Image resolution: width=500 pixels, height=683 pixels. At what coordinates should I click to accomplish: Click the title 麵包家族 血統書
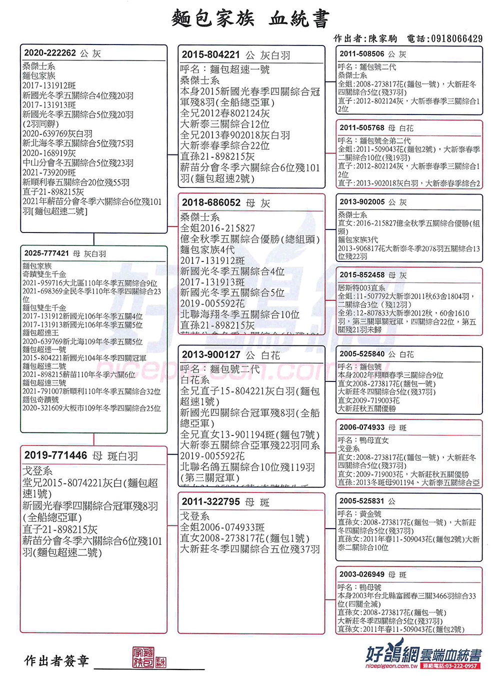[x=250, y=18]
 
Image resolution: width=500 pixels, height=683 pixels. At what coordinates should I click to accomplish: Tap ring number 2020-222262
[x=50, y=53]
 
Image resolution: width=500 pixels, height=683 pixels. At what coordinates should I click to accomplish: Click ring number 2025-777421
[x=46, y=253]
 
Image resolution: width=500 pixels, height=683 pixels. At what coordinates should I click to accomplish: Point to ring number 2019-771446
[x=55, y=455]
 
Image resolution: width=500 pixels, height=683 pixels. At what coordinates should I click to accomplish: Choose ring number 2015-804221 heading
[x=210, y=55]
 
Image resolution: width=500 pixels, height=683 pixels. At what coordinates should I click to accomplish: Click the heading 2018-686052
[x=211, y=202]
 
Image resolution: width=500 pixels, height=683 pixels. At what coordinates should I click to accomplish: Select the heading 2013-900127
[x=211, y=354]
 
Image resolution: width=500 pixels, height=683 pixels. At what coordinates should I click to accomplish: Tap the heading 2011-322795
[x=210, y=501]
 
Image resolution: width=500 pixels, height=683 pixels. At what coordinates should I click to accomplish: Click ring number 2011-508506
[x=362, y=54]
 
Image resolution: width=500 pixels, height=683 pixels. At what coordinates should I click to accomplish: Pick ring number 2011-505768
[x=362, y=128]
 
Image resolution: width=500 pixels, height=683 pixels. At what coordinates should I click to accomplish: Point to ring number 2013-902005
[x=362, y=202]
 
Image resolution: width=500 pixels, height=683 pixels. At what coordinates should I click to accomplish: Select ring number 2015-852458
[x=362, y=275]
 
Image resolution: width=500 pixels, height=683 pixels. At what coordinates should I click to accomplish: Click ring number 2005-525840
[x=362, y=354]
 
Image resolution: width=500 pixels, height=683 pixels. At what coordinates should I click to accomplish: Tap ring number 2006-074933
[x=362, y=427]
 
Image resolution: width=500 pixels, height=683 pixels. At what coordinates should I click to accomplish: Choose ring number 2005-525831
[x=362, y=501]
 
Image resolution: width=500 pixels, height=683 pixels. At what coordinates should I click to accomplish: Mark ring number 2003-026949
[x=362, y=574]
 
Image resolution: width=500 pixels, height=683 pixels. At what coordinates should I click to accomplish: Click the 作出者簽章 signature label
[x=56, y=661]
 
